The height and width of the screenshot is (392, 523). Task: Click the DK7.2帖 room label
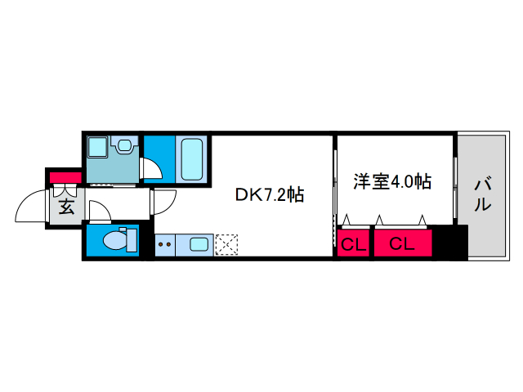point(270,194)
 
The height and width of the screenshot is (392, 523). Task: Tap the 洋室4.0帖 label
point(392,181)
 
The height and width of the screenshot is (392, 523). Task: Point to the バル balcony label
point(483,195)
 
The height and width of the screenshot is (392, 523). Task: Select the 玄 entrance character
point(66,207)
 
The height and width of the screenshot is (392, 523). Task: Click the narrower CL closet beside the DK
point(353,243)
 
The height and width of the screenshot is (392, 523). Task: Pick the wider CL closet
point(403,243)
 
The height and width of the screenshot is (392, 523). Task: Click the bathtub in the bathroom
point(192,159)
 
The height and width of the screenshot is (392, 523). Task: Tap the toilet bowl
point(115,240)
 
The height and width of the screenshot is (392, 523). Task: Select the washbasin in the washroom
point(124,145)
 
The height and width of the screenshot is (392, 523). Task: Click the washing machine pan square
point(97,146)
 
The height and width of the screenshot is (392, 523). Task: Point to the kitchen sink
point(199,245)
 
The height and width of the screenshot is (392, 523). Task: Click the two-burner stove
point(165,245)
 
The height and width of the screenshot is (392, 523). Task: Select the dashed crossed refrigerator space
point(226,245)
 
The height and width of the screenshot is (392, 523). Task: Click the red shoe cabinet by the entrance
point(65,177)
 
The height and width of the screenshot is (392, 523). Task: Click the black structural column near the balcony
point(450,242)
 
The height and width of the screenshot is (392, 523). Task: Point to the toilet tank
point(132,240)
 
